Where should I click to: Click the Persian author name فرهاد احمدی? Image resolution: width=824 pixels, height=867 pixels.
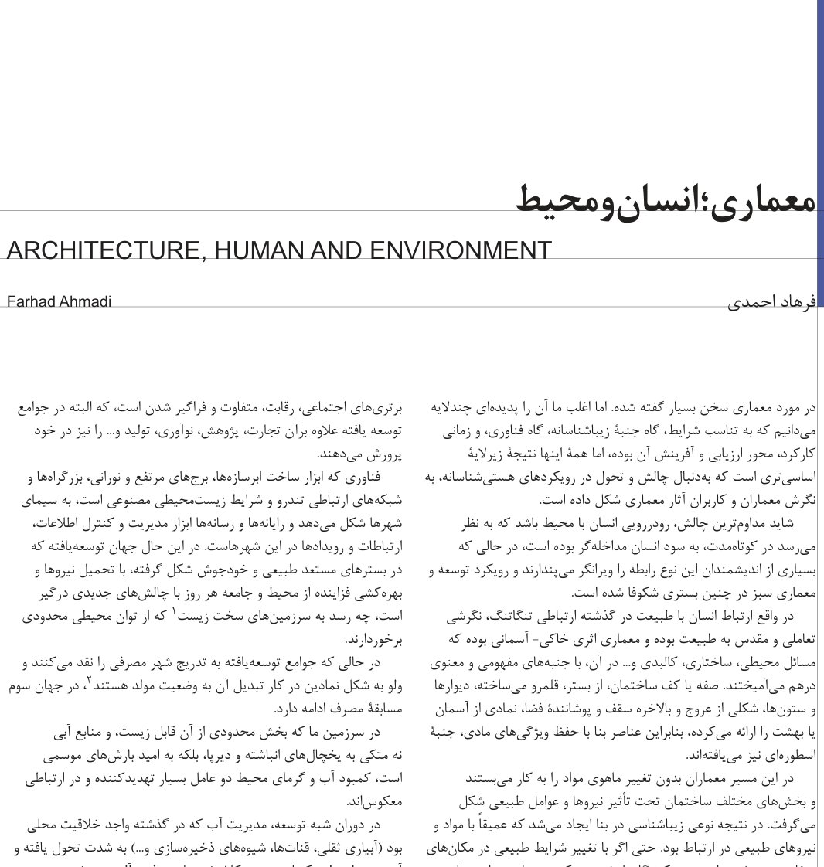coord(771,303)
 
